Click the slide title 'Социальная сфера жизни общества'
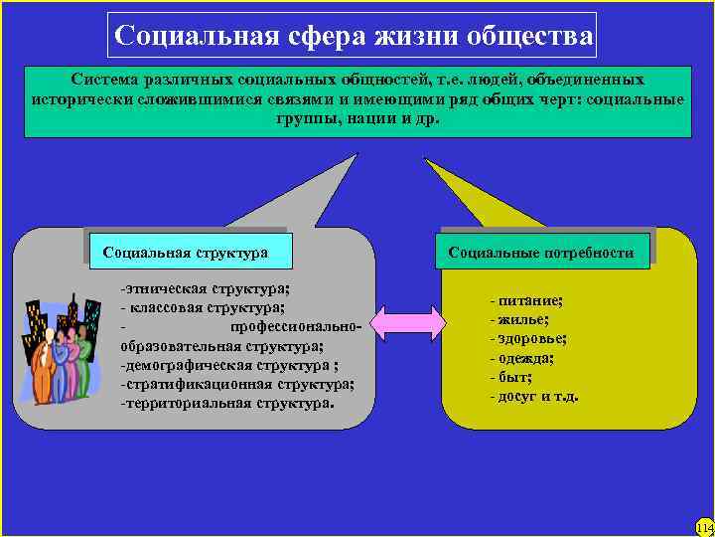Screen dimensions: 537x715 click(354, 36)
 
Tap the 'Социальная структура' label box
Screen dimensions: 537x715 click(186, 253)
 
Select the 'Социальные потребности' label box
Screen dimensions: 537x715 click(540, 253)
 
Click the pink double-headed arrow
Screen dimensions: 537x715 click(406, 320)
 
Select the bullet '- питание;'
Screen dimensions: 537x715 click(526, 300)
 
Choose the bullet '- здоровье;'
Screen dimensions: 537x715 click(528, 338)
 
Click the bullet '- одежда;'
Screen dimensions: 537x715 click(522, 358)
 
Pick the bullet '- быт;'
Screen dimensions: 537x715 click(510, 377)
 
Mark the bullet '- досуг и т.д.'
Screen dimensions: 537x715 click(534, 397)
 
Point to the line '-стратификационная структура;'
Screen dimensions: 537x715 click(236, 384)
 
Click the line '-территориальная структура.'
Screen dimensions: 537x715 click(227, 404)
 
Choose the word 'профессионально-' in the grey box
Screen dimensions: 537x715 click(298, 327)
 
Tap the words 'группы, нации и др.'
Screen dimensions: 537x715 click(357, 117)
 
